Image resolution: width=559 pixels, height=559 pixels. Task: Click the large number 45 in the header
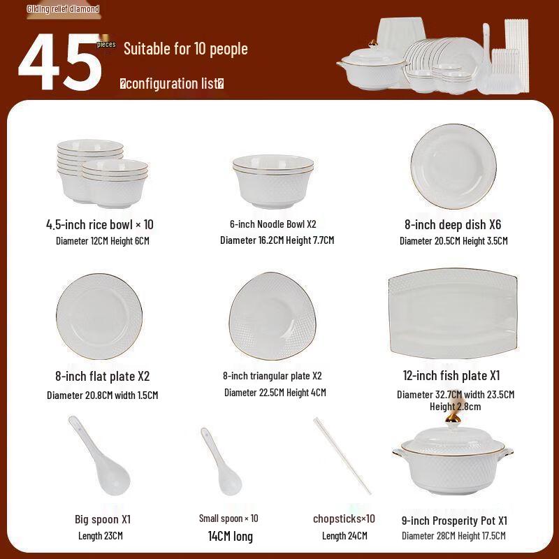click(x=61, y=63)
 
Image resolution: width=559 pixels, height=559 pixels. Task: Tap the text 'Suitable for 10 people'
click(x=185, y=49)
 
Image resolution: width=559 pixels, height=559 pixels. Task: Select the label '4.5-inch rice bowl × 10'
click(x=100, y=224)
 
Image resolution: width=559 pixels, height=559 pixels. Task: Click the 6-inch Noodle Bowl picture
click(x=273, y=182)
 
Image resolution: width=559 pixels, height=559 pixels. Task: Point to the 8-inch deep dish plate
click(x=453, y=166)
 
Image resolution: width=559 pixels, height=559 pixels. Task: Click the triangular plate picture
click(x=272, y=314)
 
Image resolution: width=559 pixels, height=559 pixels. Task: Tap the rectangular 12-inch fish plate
click(x=453, y=313)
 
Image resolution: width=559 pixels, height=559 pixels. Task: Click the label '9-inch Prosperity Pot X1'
click(x=454, y=521)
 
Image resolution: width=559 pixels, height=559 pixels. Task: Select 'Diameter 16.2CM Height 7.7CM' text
click(x=277, y=240)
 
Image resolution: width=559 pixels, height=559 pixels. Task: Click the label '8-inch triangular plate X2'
click(x=272, y=376)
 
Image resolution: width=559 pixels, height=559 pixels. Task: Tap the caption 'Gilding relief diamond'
click(x=63, y=9)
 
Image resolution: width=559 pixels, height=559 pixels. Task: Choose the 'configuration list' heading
click(x=172, y=84)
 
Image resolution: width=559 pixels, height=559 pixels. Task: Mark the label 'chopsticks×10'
click(x=344, y=518)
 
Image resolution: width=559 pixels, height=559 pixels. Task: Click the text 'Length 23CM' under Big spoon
click(x=101, y=536)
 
